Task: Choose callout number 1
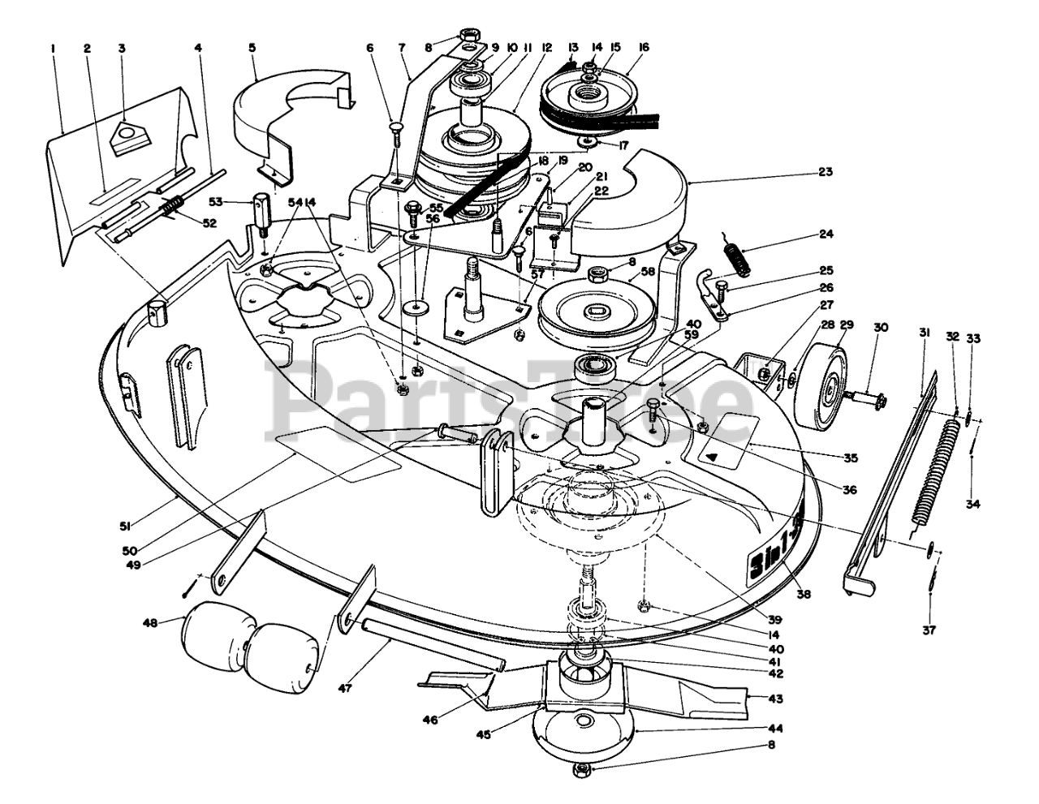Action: (52, 48)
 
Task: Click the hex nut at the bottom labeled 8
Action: (582, 770)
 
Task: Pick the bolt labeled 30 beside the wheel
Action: (865, 397)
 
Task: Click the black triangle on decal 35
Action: (713, 456)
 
